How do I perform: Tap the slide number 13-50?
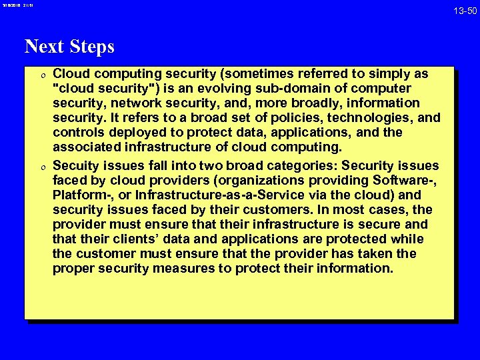[x=464, y=10]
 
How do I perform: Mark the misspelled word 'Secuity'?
[x=75, y=165]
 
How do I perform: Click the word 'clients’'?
[x=129, y=239]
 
